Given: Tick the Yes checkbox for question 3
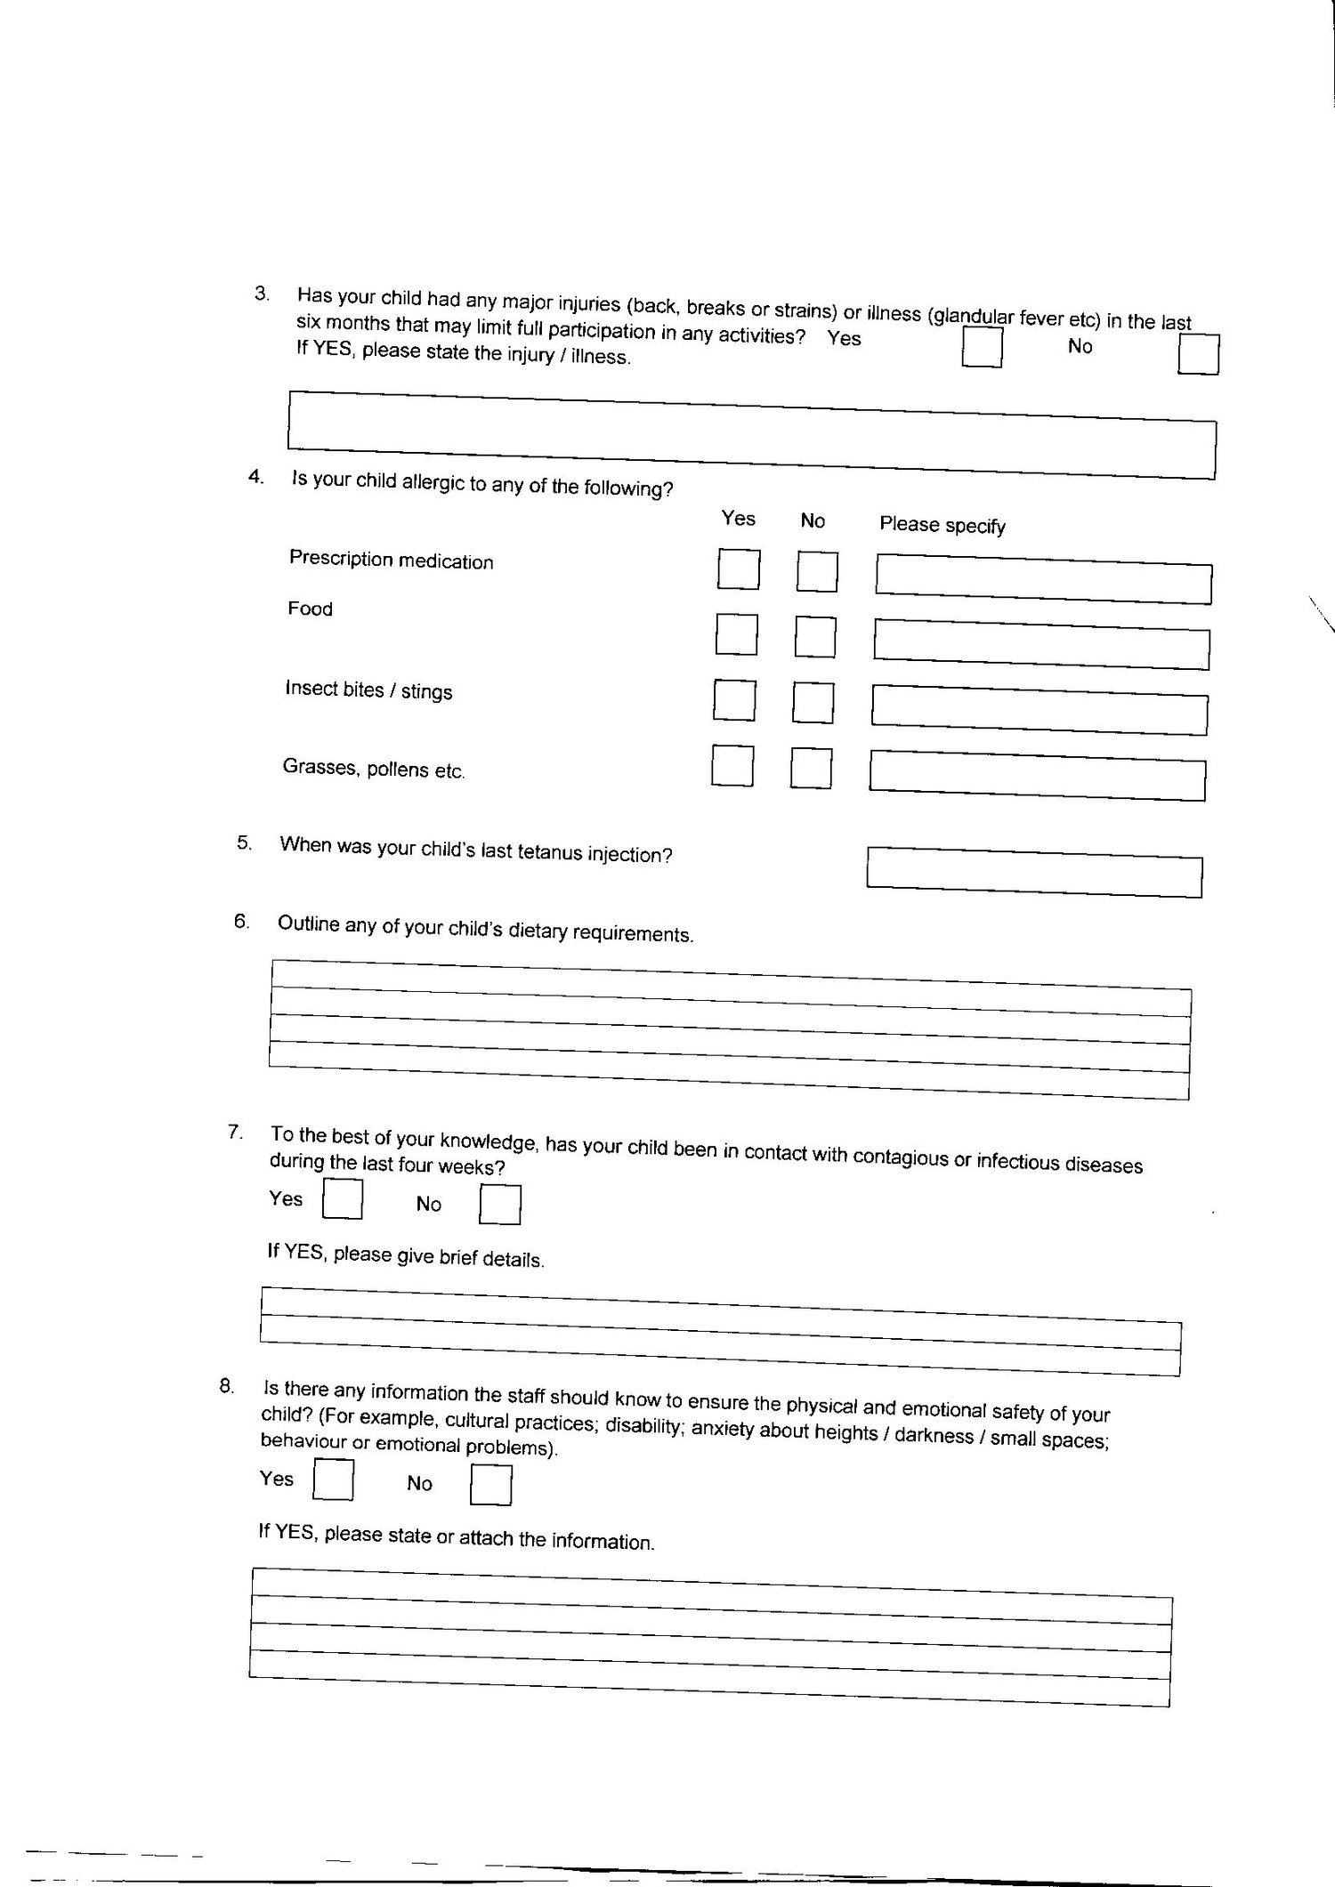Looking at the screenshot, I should point(983,347).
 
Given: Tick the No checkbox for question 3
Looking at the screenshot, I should point(1198,354).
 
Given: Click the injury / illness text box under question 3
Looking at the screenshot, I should point(751,434).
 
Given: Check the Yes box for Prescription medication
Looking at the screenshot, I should point(739,569).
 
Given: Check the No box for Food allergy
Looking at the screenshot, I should point(815,637).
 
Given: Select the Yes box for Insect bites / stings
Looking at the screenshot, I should point(734,700).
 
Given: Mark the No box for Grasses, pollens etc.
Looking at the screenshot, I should point(811,768).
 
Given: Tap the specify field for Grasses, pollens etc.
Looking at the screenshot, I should point(1038,774).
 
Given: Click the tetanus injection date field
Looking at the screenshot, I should point(1034,872).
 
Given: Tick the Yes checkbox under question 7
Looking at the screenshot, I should point(343,1198).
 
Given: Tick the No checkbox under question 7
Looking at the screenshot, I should point(500,1205).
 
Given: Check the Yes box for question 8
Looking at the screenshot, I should point(334,1480).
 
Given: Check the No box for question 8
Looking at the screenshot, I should point(490,1485).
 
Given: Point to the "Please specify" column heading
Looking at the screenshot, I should point(943,525).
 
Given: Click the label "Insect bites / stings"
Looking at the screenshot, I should point(368,690).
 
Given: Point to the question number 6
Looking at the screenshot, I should point(241,922).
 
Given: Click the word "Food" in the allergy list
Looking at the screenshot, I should point(310,609).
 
